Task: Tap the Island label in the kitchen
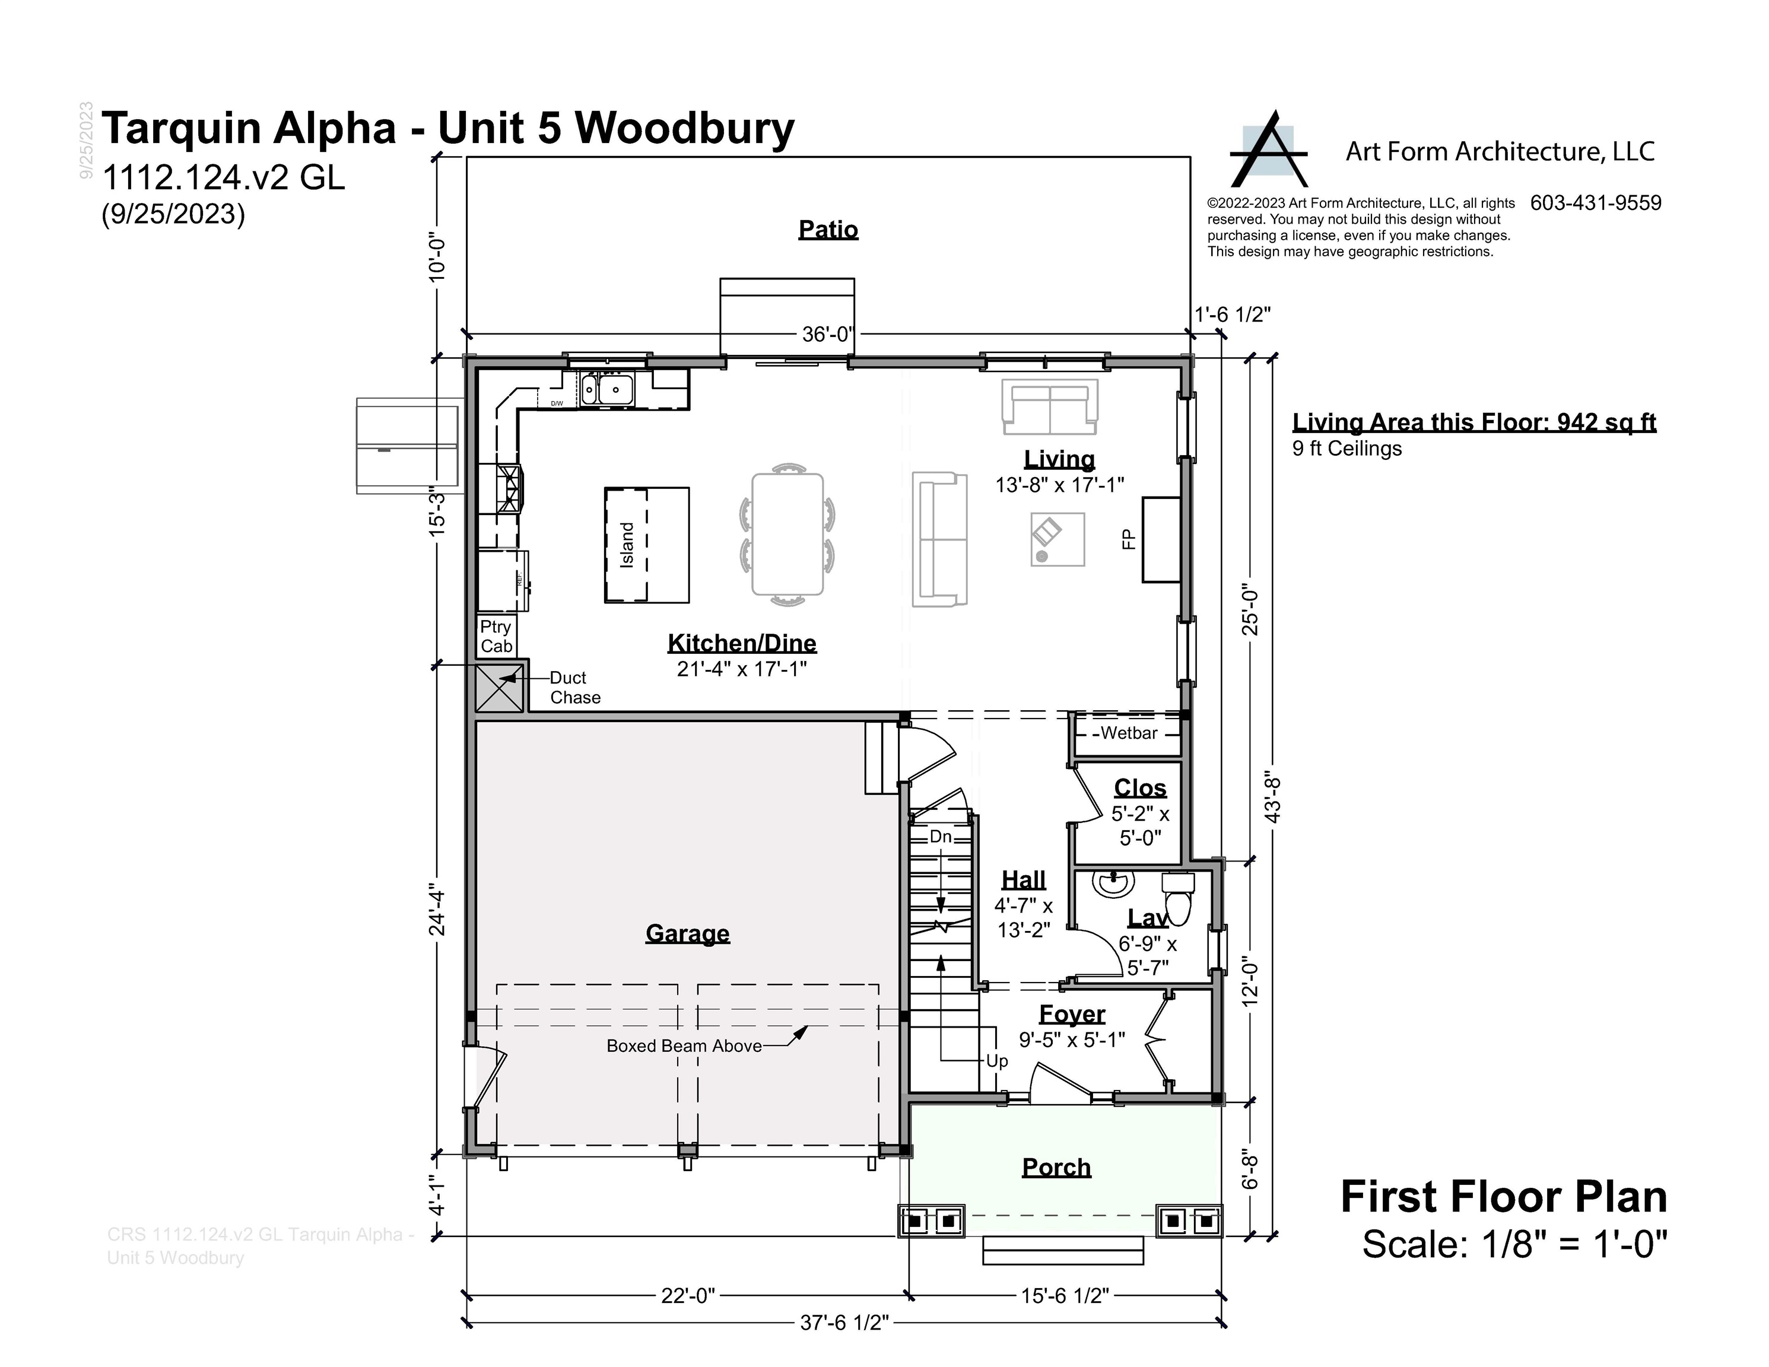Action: [x=627, y=545]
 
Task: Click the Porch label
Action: [x=1056, y=1167]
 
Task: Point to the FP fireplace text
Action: [x=1128, y=539]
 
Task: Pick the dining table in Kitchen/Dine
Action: [x=787, y=535]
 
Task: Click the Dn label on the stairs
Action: [x=939, y=837]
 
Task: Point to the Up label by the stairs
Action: [x=996, y=1061]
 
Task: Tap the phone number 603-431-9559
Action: [x=1595, y=204]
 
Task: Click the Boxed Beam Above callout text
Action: [x=684, y=1045]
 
